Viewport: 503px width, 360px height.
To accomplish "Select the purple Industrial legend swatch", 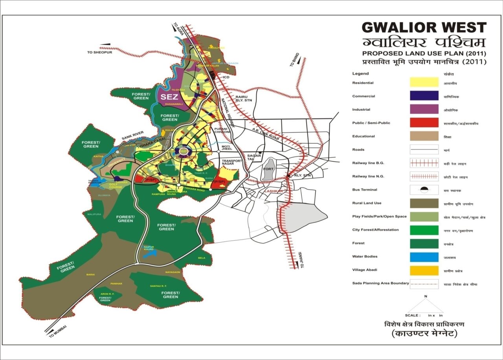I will (424, 109).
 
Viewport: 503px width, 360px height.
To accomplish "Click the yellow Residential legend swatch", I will (424, 82).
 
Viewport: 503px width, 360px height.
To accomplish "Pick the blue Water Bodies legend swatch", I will (424, 257).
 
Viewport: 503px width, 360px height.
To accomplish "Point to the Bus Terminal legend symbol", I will (424, 190).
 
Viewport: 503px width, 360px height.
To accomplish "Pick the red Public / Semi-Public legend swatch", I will (424, 122).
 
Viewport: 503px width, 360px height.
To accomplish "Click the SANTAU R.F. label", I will (158, 286).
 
